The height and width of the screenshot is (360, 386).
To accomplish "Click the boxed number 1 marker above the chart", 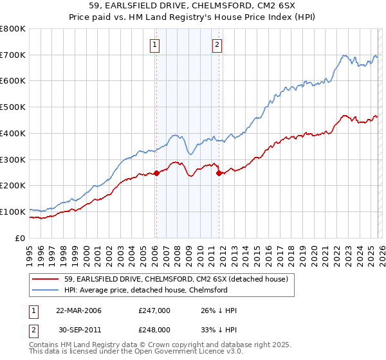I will (x=156, y=44).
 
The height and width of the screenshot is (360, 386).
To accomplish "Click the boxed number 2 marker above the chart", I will (x=217, y=44).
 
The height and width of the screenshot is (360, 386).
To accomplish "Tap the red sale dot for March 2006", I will (x=156, y=173).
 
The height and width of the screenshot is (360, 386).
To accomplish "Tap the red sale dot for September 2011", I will (x=219, y=173).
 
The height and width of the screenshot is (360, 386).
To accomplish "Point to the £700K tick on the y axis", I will (x=13, y=55).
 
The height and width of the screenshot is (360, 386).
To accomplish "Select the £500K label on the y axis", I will (x=13, y=107).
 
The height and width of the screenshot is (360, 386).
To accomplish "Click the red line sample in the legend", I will (x=46, y=279).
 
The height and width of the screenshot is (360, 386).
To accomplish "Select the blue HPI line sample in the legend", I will (x=46, y=290).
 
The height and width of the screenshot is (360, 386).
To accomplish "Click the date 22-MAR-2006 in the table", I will (x=78, y=310).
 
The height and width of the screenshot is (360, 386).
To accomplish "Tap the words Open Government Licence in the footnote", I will (x=197, y=353).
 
